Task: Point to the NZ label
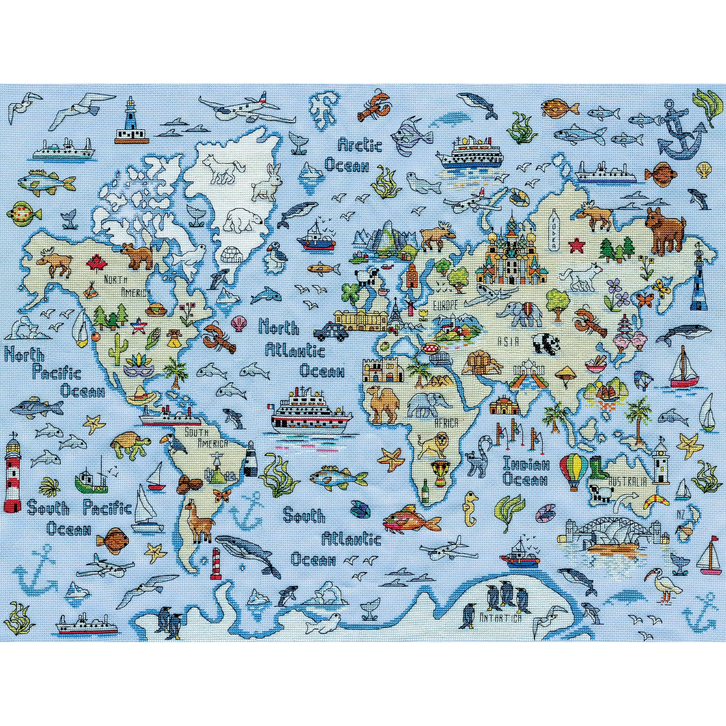tap(681, 514)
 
